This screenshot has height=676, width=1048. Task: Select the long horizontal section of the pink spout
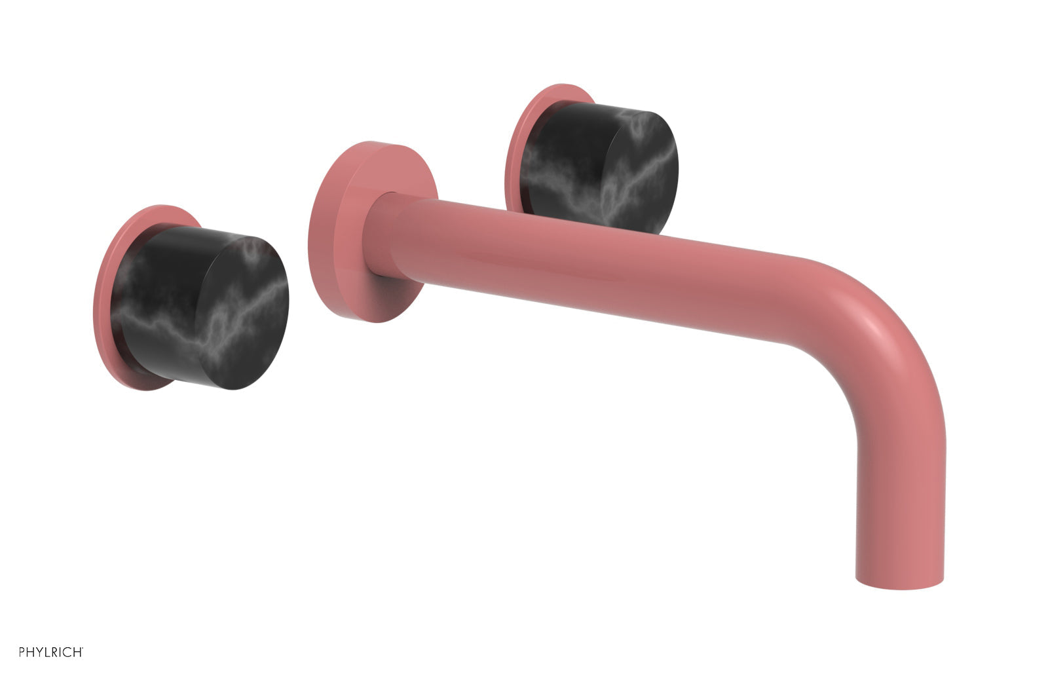(589, 269)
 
